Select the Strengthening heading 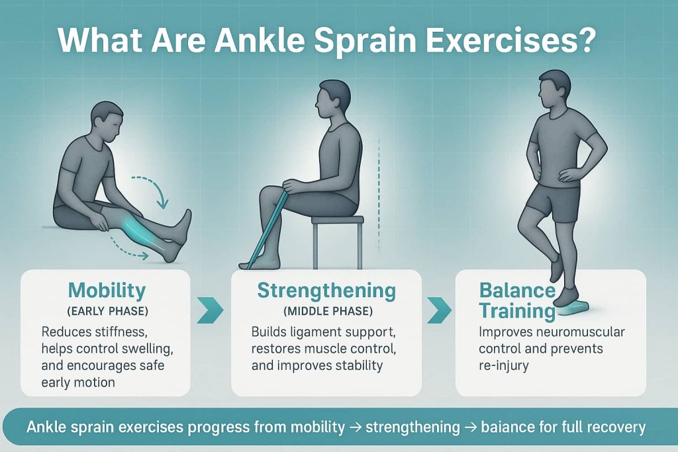(x=326, y=291)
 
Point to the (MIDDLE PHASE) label (x=326, y=310)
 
